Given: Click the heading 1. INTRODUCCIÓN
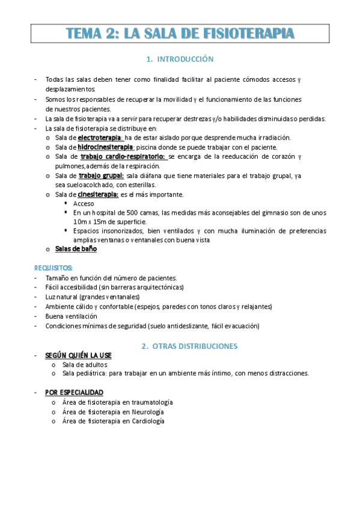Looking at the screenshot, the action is (x=180, y=60).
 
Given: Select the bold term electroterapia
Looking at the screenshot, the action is (x=104, y=138).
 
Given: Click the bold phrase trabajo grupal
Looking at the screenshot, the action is (x=101, y=176).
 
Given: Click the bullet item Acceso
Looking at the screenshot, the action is (x=84, y=204).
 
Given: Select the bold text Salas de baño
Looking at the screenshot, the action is (x=76, y=249).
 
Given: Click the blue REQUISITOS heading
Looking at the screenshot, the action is (x=54, y=268).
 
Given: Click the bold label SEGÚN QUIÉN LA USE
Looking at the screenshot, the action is (x=78, y=355).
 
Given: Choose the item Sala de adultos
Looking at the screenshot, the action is (x=85, y=364).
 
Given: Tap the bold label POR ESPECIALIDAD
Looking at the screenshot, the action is (x=74, y=392).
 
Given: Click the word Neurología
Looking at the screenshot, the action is (x=146, y=412).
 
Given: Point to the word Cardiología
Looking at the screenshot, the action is (x=147, y=422).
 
